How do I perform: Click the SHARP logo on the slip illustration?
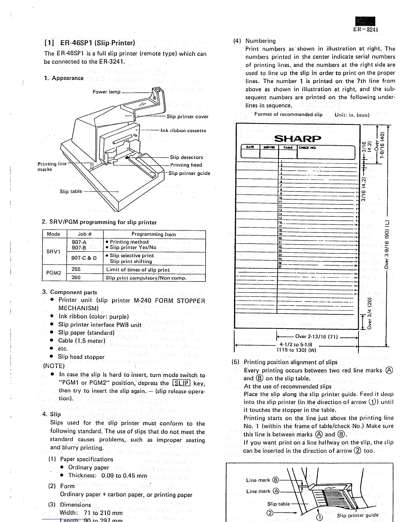297,138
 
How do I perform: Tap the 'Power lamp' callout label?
106,92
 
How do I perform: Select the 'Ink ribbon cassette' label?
183,130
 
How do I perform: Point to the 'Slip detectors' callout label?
186,157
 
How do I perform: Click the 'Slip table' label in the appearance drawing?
71,191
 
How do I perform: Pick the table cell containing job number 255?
76,269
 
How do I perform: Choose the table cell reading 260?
76,277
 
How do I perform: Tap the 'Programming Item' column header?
153,234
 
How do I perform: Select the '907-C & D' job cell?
84,258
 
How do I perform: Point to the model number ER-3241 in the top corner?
365,29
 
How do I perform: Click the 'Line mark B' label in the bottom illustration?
262,480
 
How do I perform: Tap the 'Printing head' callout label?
186,165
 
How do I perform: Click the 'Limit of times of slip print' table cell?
138,270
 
